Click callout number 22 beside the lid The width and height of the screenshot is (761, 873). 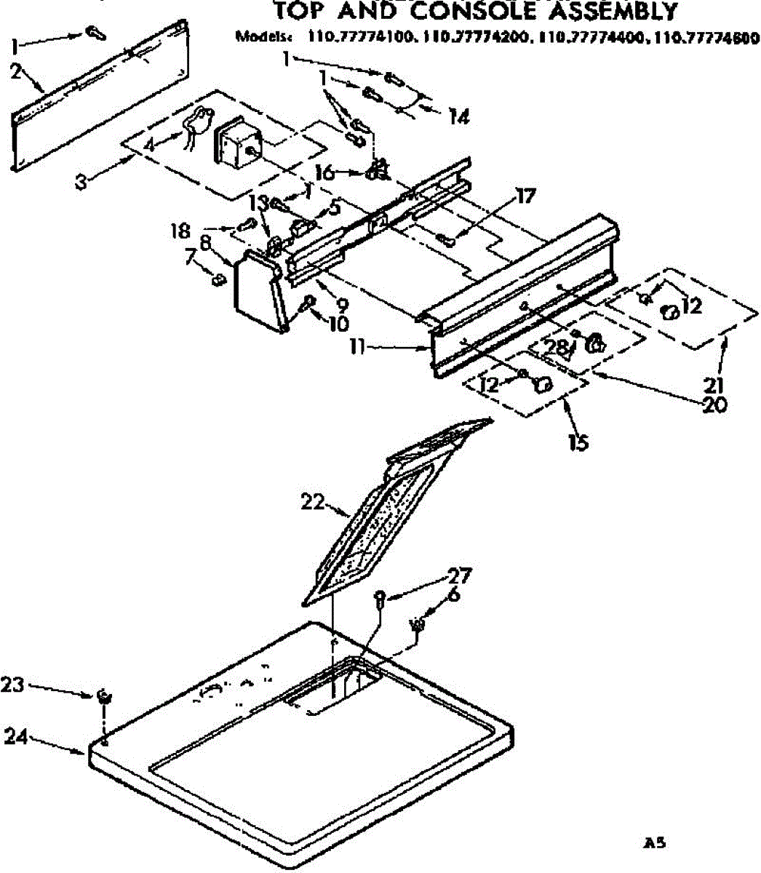(312, 502)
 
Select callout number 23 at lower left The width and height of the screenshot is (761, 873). (13, 685)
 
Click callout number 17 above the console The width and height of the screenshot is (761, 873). (525, 196)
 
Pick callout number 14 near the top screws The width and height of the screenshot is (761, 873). (458, 116)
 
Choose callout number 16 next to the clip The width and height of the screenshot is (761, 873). (325, 172)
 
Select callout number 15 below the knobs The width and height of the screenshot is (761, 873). (578, 442)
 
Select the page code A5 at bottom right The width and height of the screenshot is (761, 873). (654, 844)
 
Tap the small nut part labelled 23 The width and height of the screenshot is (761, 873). (104, 696)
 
